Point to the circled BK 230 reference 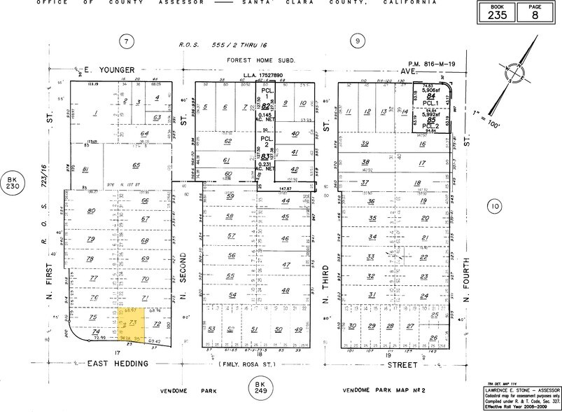pos(11,179)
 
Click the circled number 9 pos(358,41)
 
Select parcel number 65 pos(136,165)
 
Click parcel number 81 pos(85,168)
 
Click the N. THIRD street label pos(326,277)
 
